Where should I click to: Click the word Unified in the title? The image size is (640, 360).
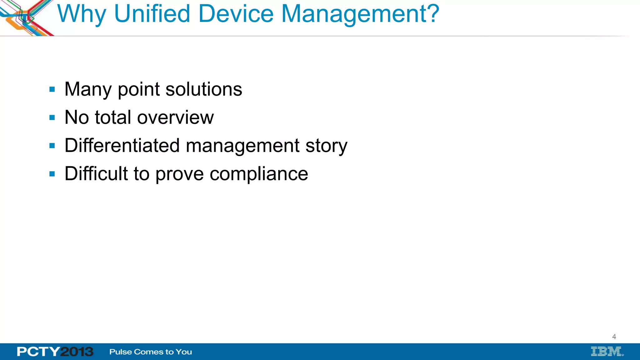click(152, 14)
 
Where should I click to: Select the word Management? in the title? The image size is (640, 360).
click(360, 14)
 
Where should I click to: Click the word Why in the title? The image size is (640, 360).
click(82, 14)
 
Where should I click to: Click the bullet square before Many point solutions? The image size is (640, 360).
click(52, 90)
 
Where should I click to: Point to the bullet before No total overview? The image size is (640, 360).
click(52, 118)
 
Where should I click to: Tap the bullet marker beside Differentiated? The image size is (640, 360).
click(52, 146)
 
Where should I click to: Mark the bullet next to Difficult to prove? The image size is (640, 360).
click(52, 174)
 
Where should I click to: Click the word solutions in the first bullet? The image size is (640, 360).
click(204, 89)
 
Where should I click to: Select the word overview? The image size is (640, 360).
click(175, 117)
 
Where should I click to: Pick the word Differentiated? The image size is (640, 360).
click(122, 146)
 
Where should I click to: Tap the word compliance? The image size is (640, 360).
click(259, 174)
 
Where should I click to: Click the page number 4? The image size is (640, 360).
click(614, 337)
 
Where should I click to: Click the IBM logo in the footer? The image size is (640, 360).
click(607, 352)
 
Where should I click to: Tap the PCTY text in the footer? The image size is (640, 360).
click(38, 352)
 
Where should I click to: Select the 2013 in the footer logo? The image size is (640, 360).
click(77, 352)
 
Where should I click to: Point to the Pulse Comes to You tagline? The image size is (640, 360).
click(151, 352)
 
